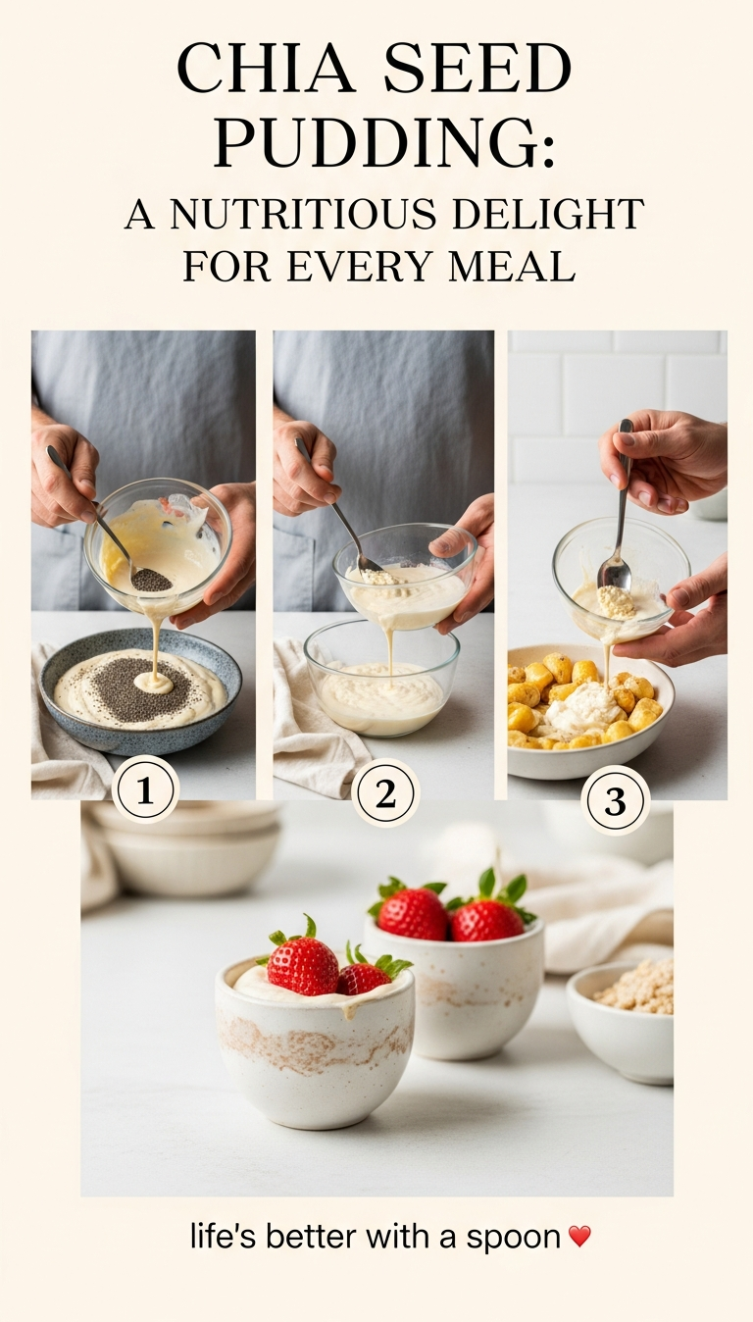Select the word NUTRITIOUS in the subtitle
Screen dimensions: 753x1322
click(305, 214)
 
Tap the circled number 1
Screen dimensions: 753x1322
click(145, 790)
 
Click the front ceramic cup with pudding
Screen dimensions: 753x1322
click(315, 1043)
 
